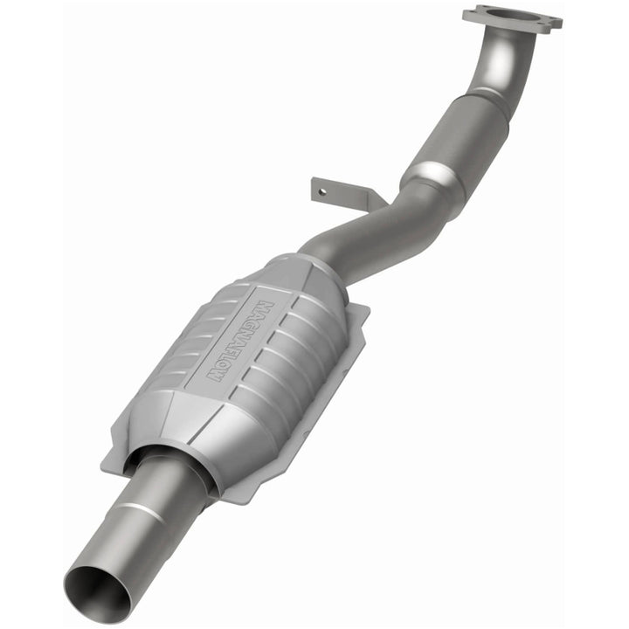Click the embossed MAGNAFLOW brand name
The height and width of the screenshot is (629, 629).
(x=239, y=341)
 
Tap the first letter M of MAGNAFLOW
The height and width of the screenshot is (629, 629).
(x=264, y=308)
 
